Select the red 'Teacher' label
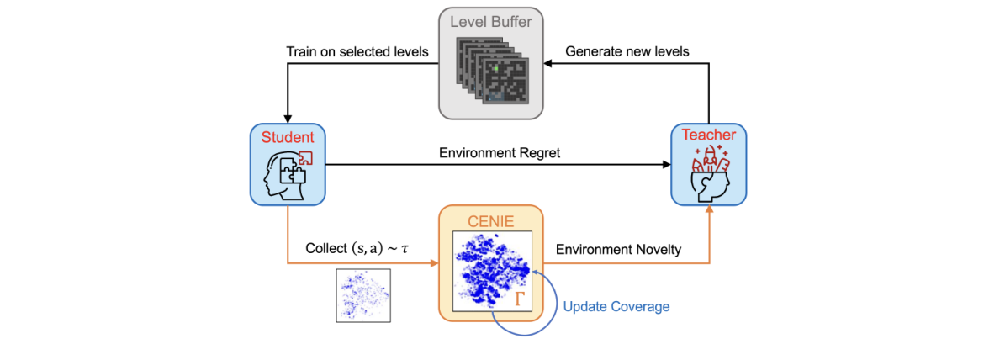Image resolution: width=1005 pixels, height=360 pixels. click(x=707, y=135)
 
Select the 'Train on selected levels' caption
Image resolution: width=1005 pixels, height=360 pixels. click(x=357, y=52)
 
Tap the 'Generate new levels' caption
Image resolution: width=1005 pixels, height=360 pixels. click(x=627, y=52)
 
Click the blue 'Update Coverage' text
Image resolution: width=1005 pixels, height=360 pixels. click(x=616, y=306)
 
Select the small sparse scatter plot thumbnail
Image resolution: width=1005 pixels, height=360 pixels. click(x=363, y=294)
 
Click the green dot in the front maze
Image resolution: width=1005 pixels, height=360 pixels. click(x=495, y=67)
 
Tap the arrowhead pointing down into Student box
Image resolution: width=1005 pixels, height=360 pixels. click(x=288, y=119)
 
